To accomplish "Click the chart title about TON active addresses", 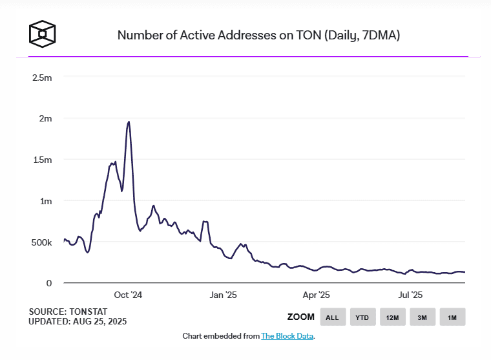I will (258, 35).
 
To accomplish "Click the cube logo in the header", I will (43, 33).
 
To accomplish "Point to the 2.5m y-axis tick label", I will (42, 78).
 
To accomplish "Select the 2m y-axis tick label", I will (45, 119).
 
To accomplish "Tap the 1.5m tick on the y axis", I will (42, 160).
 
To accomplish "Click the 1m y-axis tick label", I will (45, 201).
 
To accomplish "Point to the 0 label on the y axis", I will (48, 283).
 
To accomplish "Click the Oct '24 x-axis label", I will (127, 295).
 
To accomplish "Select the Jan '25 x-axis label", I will (223, 295).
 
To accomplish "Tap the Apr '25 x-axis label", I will (316, 295).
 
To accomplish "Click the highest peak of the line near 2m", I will (129, 122).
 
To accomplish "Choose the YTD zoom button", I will (362, 317).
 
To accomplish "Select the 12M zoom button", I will (392, 317).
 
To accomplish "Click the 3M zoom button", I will (422, 317).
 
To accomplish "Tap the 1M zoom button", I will (452, 317).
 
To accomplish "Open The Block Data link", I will (287, 336).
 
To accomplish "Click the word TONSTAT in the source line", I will (87, 312).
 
